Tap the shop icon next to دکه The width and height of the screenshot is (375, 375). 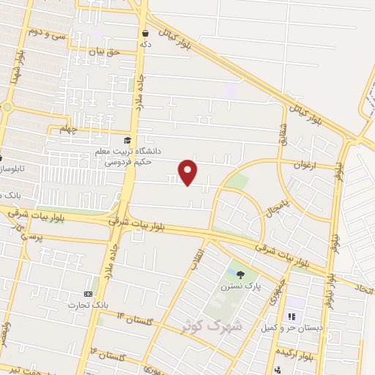point(146,33)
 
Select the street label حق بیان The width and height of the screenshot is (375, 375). point(103,52)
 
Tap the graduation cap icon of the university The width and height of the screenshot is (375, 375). point(127,140)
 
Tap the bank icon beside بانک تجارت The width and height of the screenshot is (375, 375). point(88,293)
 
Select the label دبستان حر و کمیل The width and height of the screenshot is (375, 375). point(292,327)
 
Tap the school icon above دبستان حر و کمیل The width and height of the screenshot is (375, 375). point(291,316)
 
